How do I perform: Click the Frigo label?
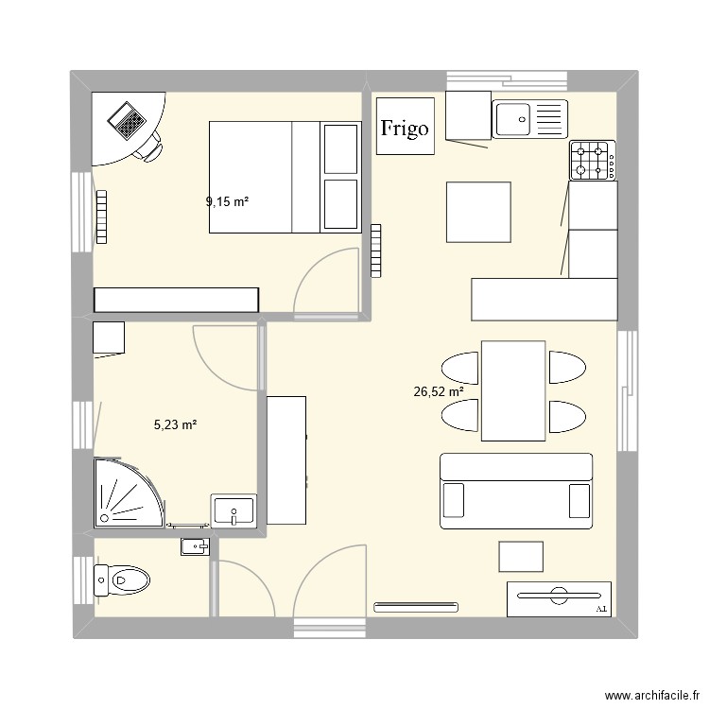click(x=405, y=127)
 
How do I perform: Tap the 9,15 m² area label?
click(x=227, y=201)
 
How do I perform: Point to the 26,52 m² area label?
click(x=439, y=390)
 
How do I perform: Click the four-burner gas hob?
click(x=593, y=161)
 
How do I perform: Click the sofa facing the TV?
click(x=516, y=490)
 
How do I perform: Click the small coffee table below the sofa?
click(x=521, y=557)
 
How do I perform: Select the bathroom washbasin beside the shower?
click(x=233, y=510)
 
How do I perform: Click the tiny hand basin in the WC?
click(x=195, y=546)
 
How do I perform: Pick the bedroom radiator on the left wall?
click(x=101, y=218)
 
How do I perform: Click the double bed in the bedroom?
click(x=284, y=177)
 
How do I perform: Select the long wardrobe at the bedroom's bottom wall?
click(x=176, y=300)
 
